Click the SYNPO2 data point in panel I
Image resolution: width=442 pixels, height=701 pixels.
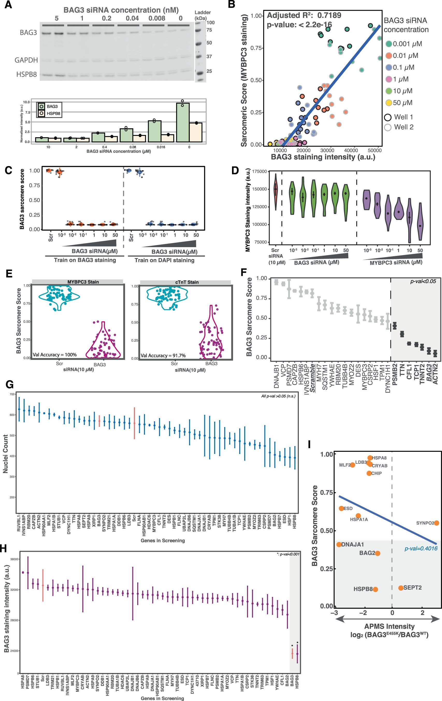(x=436, y=523)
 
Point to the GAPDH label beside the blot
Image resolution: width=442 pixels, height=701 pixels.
(x=26, y=60)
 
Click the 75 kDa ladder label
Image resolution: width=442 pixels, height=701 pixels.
(x=209, y=30)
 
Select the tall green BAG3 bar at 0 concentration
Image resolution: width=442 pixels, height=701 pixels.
(x=183, y=122)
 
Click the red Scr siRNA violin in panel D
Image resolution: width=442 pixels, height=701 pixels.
(x=276, y=191)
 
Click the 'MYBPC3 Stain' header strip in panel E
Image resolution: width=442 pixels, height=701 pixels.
(x=83, y=282)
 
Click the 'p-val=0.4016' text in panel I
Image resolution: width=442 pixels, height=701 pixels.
(x=421, y=548)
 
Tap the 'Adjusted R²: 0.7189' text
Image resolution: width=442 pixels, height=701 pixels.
(x=304, y=15)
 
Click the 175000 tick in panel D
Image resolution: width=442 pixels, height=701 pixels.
(x=259, y=171)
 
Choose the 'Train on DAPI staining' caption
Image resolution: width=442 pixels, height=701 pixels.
(x=164, y=260)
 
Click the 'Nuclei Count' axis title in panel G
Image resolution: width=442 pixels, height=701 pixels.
(x=5, y=454)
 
